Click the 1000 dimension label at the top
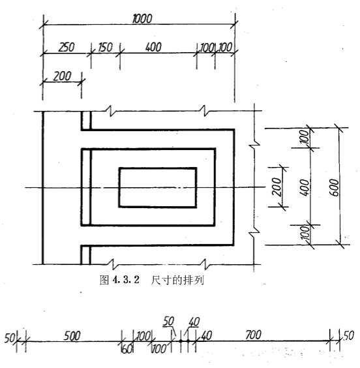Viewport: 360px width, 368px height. (142, 19)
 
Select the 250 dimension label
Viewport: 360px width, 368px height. (67, 47)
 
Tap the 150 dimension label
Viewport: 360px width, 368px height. (105, 47)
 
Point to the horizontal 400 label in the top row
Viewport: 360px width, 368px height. (153, 47)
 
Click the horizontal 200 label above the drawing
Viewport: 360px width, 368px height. (62, 76)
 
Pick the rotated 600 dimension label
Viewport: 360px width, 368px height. (334, 187)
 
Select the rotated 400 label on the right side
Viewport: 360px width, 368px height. (305, 187)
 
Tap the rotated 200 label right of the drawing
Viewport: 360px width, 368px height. (277, 187)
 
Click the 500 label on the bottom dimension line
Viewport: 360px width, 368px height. (72, 336)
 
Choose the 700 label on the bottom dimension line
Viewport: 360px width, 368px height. (253, 335)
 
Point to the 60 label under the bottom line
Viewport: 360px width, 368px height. (127, 350)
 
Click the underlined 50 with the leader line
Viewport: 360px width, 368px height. (168, 321)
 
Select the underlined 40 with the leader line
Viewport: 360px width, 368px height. (194, 322)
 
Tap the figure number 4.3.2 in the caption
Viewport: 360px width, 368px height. (126, 280)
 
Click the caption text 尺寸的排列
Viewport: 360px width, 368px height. (177, 280)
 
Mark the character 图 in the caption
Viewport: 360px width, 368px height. (104, 280)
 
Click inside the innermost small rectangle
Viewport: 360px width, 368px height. (158, 187)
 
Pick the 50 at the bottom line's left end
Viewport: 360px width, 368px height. (10, 338)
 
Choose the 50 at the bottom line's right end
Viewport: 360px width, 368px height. (349, 336)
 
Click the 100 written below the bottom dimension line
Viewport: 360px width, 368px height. (159, 349)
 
